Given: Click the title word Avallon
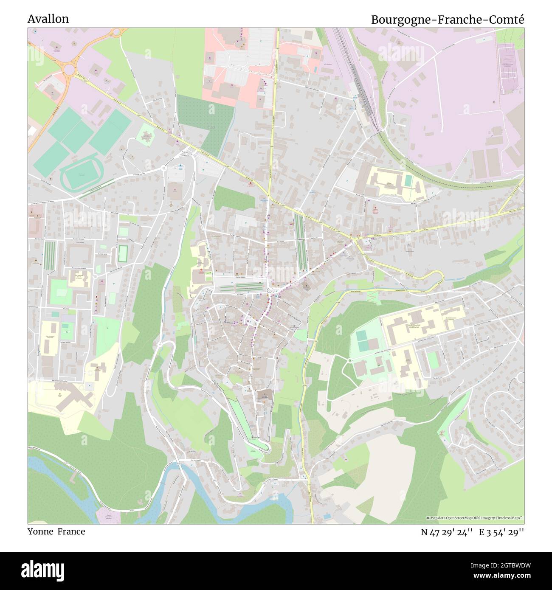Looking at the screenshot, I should (x=48, y=19).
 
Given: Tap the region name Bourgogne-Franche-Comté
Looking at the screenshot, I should (x=448, y=20).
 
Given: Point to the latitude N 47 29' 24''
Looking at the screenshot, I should (x=447, y=532).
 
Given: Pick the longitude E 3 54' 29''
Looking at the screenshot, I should (x=501, y=532).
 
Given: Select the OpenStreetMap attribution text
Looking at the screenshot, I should (x=475, y=518).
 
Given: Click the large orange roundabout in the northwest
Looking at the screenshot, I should (x=68, y=67).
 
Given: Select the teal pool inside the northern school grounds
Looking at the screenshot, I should (x=408, y=181).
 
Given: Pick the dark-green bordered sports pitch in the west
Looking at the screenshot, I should (x=123, y=253).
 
